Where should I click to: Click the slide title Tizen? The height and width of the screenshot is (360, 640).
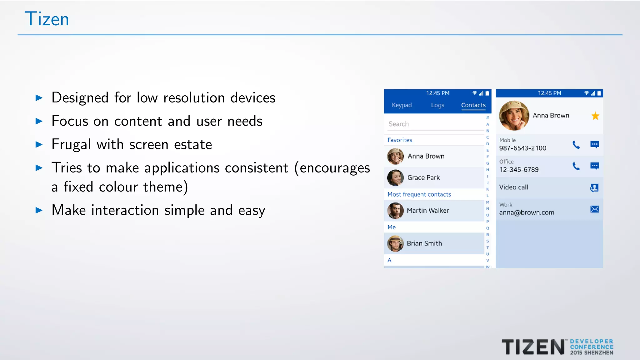[x=47, y=19]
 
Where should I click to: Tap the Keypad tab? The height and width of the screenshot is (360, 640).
[x=402, y=105]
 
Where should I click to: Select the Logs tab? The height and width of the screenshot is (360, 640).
[x=437, y=105]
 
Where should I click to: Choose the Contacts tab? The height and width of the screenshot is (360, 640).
[x=473, y=105]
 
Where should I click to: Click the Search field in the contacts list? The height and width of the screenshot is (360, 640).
[x=434, y=124]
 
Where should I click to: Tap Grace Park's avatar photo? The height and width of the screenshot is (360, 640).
[x=395, y=177]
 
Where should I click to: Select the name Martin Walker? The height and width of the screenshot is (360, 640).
[x=427, y=211]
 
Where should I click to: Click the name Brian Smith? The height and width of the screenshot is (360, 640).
[x=424, y=243]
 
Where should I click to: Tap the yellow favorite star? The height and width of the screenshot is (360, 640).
[x=595, y=116]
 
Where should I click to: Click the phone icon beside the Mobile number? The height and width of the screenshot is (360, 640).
[x=576, y=145]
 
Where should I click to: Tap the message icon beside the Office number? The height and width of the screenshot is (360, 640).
[x=594, y=166]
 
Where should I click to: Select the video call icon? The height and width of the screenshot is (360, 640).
[x=594, y=187]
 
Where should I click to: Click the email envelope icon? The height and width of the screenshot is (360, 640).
[x=594, y=209]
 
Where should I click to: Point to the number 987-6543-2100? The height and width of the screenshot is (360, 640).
[x=522, y=148]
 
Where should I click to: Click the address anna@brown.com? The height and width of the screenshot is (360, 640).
[x=527, y=212]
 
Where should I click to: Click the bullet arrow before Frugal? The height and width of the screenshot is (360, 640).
[x=39, y=144]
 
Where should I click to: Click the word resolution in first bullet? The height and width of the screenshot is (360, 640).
[x=194, y=98]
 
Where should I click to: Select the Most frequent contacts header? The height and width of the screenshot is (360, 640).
[x=419, y=194]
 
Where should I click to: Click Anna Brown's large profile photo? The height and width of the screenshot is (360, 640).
[x=514, y=116]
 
